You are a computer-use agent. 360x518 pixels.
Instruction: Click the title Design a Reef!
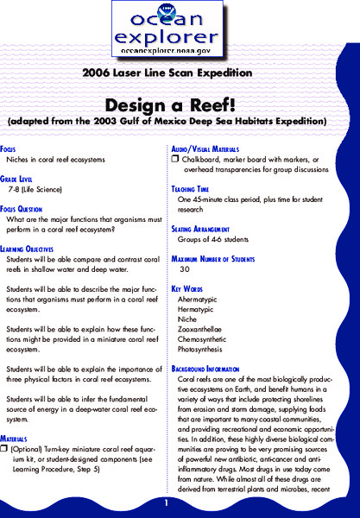pos(180,102)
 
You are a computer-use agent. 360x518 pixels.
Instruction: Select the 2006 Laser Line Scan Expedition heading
pos(179,75)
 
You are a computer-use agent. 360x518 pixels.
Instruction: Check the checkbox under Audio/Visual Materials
pos(174,159)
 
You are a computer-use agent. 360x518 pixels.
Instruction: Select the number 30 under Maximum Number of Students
pos(184,268)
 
